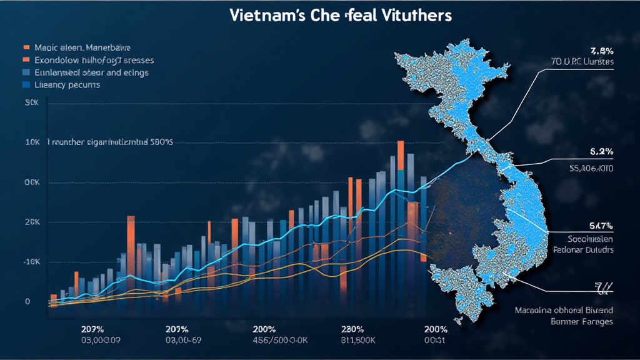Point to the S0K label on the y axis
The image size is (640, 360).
[31, 103]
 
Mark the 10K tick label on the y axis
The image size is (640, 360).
[32, 142]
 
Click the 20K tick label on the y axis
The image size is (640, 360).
[32, 222]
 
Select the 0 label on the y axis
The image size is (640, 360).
[27, 301]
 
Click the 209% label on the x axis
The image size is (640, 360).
[92, 329]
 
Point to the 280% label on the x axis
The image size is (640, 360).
[353, 329]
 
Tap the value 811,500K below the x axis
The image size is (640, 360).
[354, 340]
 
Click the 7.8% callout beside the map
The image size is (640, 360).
[601, 51]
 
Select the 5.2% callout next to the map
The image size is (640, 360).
[601, 152]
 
